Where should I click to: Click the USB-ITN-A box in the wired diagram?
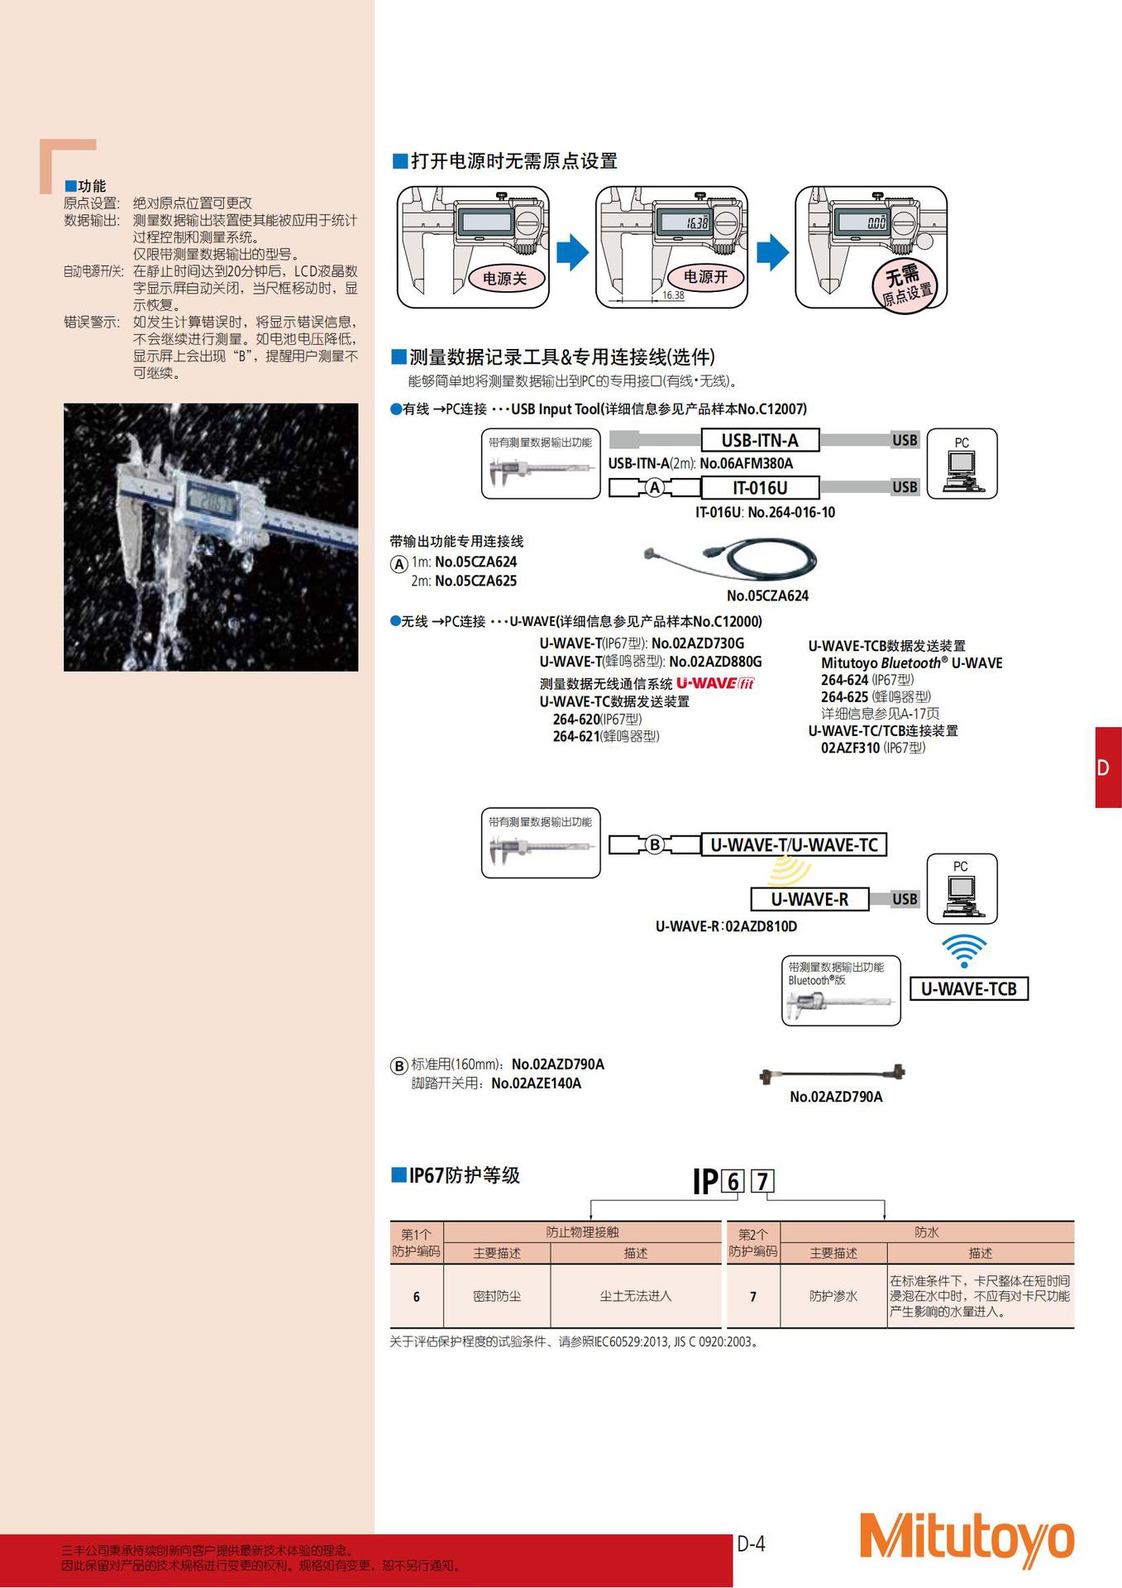(x=760, y=440)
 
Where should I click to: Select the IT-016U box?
(x=760, y=488)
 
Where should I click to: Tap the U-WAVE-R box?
(x=809, y=899)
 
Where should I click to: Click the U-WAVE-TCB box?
(x=968, y=989)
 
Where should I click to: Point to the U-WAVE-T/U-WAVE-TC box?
(x=794, y=844)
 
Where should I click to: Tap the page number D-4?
(x=751, y=1543)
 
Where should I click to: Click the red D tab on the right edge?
(x=1107, y=768)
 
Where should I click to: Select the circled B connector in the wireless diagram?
(x=655, y=844)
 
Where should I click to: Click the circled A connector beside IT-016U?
(x=655, y=488)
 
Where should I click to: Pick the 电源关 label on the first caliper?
(x=504, y=279)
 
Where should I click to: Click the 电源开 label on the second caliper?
(x=705, y=277)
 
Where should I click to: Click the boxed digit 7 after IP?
(x=762, y=1181)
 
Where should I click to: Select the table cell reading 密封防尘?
(x=497, y=1296)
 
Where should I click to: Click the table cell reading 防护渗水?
(x=833, y=1296)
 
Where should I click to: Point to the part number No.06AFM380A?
(x=746, y=463)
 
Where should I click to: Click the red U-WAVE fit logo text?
(x=715, y=683)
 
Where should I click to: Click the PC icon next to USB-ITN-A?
(x=962, y=464)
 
